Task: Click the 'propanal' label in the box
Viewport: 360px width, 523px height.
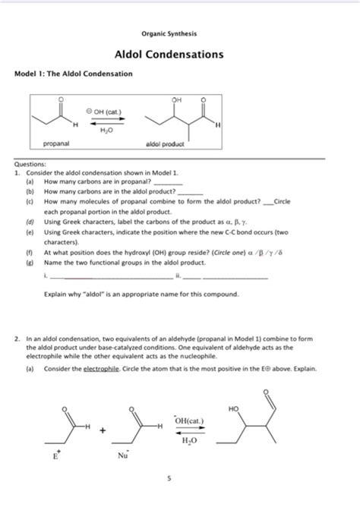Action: point(57,143)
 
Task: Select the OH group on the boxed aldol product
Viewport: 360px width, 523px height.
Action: point(177,99)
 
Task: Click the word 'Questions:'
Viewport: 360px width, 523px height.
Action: point(30,164)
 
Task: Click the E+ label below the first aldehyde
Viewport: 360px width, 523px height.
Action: point(55,456)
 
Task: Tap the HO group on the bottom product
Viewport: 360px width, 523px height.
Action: point(233,408)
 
